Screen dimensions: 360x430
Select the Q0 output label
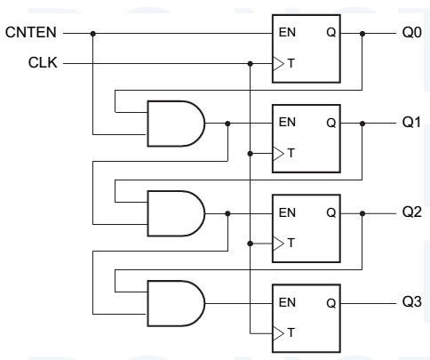click(410, 34)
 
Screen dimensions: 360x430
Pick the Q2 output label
click(410, 214)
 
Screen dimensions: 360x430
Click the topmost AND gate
click(172, 124)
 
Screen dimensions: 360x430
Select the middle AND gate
click(172, 213)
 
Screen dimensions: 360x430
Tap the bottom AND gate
click(172, 303)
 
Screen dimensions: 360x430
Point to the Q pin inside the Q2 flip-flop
click(330, 214)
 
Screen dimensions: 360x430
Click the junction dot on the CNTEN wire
click(93, 34)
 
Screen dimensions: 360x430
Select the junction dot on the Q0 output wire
click(362, 34)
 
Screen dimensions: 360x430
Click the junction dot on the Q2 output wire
click(362, 214)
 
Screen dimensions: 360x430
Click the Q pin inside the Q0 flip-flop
click(330, 35)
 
